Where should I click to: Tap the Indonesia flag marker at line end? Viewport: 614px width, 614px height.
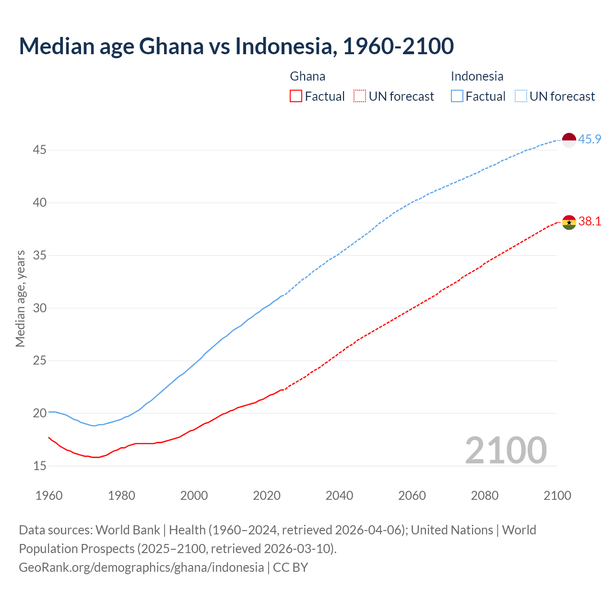coord(568,140)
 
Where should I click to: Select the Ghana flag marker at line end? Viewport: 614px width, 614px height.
coord(568,222)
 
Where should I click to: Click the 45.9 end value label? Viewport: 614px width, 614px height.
coord(590,140)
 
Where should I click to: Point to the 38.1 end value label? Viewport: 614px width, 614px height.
coord(590,222)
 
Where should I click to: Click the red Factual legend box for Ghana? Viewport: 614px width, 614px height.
coord(296,96)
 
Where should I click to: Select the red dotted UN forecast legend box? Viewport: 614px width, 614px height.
coord(360,96)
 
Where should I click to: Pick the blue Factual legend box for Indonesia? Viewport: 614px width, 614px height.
coord(457,96)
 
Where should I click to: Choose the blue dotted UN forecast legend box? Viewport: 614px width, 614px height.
coord(520,96)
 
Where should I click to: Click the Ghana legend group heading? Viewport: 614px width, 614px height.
coord(307,76)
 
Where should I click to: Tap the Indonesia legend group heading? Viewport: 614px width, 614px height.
coord(477,76)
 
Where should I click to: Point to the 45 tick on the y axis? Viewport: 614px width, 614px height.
coord(39,150)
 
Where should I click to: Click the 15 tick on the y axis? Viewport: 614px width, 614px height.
coord(39,466)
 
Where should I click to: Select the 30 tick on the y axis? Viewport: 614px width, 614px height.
coord(39,308)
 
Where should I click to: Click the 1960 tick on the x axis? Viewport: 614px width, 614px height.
coord(49,496)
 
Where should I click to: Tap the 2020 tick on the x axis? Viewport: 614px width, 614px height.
coord(267,496)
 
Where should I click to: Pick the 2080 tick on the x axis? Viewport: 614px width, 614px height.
coord(484,496)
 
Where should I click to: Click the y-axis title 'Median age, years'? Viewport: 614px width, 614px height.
coord(20,298)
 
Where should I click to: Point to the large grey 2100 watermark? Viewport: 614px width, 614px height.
coord(506,450)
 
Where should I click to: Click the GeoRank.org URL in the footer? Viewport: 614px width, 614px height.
coord(141,567)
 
